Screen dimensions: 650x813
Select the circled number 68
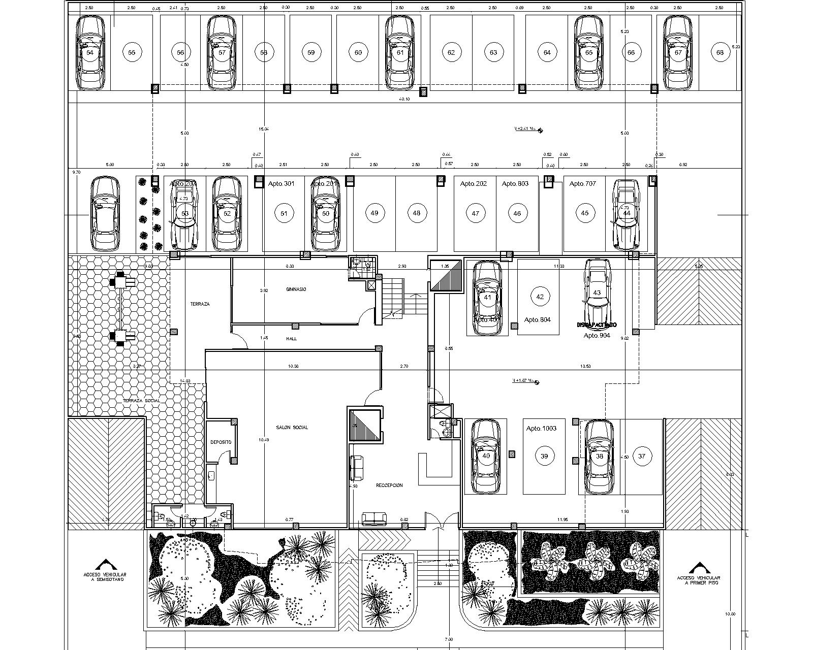coord(720,52)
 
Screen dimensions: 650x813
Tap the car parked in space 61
coord(400,52)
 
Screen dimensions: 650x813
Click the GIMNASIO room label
coord(296,289)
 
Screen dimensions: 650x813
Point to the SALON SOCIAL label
coord(292,428)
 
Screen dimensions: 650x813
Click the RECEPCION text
coord(389,485)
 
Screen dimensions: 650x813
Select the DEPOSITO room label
coord(221,442)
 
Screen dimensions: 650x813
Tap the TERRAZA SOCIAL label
coord(141,401)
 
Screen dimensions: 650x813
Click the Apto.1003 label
coord(541,429)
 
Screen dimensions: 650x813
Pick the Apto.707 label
coord(583,184)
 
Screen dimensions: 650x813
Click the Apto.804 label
coord(538,320)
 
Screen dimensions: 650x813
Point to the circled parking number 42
coord(540,297)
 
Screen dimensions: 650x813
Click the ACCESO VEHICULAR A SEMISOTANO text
coord(105,577)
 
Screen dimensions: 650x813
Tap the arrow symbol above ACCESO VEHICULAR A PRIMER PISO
coord(699,567)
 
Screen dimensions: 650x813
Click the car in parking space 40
coord(486,456)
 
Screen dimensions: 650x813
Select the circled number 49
coord(374,213)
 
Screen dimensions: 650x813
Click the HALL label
coord(291,338)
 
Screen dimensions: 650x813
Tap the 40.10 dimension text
coord(404,99)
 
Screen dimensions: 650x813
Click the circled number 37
coord(642,456)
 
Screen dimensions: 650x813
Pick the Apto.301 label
coord(282,184)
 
